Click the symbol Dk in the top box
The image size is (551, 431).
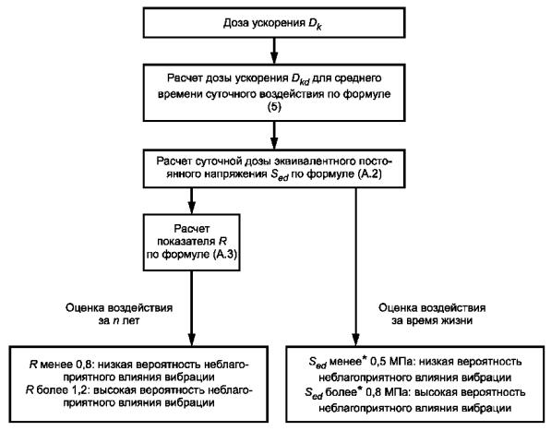coord(315,25)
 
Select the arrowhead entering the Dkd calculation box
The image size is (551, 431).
coord(274,57)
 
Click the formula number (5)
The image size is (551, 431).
coord(274,107)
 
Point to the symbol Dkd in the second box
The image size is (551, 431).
coord(301,79)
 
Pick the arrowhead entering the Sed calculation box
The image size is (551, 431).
coord(274,143)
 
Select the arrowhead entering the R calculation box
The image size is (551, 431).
coord(192,208)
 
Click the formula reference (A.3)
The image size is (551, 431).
coord(225,255)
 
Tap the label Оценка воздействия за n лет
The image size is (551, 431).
coord(119,315)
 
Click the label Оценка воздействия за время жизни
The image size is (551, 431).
coord(432,315)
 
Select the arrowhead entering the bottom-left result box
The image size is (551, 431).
coord(192,340)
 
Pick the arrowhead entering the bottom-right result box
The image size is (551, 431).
coord(356,340)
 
